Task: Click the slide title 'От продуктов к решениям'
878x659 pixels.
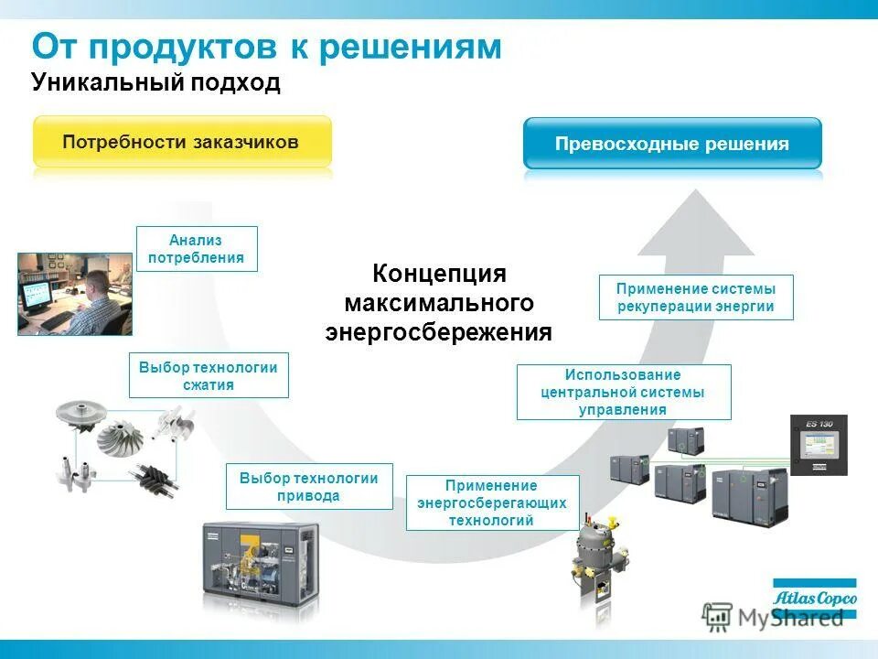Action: (x=266, y=47)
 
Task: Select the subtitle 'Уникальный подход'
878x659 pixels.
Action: (x=155, y=83)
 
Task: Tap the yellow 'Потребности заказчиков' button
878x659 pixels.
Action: (x=182, y=142)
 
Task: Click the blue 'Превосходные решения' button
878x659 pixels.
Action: (x=672, y=144)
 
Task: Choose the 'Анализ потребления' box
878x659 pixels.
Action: (x=197, y=248)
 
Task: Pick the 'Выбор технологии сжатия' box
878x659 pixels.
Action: (x=209, y=375)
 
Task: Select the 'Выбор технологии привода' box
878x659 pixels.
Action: (x=309, y=486)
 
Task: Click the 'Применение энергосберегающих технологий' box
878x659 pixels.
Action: (x=492, y=502)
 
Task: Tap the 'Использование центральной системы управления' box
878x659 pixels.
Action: (x=624, y=392)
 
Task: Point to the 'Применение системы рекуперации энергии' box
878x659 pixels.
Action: (x=696, y=297)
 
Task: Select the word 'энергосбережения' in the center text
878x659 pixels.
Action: (x=439, y=331)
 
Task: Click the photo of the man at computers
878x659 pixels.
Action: (x=75, y=294)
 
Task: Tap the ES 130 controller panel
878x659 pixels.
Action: (x=819, y=445)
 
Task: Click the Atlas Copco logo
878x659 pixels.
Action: (x=814, y=599)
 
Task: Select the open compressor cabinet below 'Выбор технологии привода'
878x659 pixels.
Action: (x=261, y=564)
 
